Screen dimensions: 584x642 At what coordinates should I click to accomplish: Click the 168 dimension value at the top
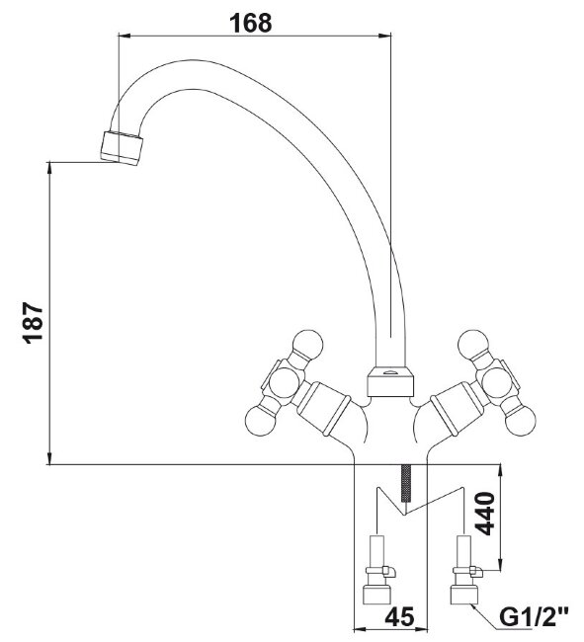point(250,23)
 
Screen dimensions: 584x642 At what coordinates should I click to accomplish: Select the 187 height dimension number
point(33,322)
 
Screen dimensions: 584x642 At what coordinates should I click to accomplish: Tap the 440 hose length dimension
point(486,514)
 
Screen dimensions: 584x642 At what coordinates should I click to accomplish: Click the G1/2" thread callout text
point(534,617)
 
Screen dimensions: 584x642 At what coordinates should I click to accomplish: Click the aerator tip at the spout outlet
point(122,148)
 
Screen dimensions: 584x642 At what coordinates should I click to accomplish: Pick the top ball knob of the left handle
point(308,344)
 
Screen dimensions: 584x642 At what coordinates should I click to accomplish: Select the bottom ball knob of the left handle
point(260,421)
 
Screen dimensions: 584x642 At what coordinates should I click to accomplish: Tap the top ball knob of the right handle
point(474,344)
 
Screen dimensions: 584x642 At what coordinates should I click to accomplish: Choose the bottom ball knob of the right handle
point(521,421)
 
